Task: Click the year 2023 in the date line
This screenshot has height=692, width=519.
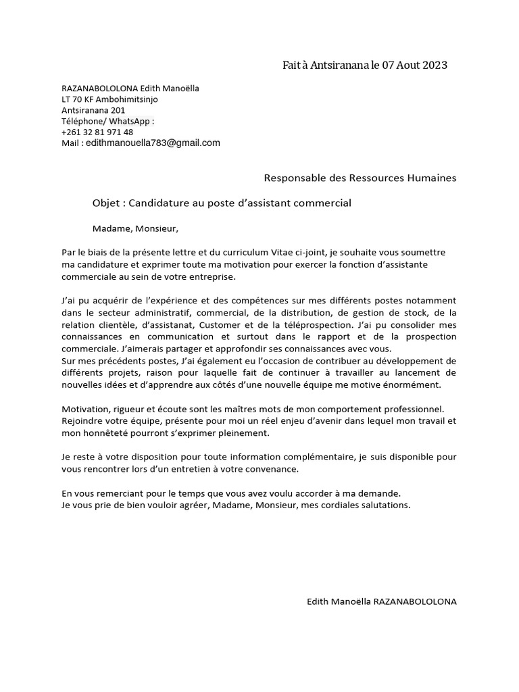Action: click(433, 66)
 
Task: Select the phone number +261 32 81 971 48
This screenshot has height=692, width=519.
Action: click(97, 132)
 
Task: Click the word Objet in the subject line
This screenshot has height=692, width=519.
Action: click(106, 203)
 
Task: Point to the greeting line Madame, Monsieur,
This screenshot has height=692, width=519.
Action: click(135, 228)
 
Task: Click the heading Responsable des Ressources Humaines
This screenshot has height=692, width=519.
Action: click(360, 178)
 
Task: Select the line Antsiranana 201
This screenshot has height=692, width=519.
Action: click(93, 110)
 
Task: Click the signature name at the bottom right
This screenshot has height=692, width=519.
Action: click(381, 601)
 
